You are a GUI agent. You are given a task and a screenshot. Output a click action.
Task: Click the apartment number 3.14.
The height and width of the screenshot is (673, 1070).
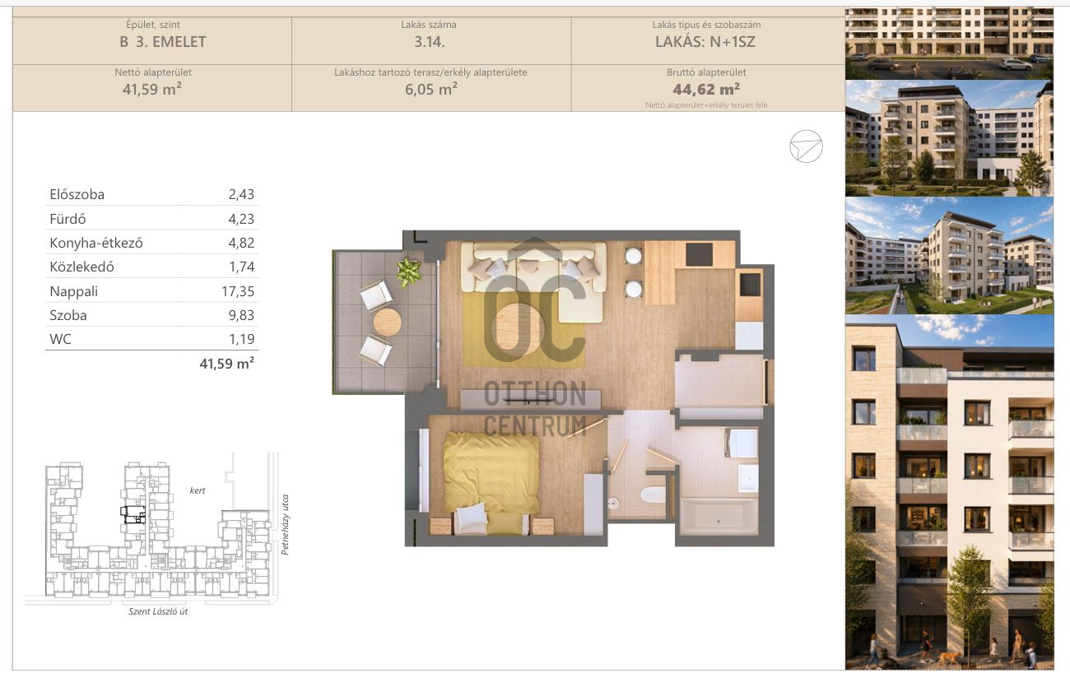click(429, 42)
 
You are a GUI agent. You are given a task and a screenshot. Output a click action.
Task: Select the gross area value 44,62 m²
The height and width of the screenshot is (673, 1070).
click(706, 89)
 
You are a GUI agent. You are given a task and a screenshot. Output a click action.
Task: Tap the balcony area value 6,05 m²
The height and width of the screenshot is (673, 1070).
click(430, 89)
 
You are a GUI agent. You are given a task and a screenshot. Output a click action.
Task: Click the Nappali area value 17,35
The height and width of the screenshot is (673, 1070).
click(238, 291)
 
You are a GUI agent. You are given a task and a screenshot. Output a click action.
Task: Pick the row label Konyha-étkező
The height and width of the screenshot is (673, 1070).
click(96, 244)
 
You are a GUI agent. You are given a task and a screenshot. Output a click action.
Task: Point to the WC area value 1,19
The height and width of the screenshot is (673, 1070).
click(242, 339)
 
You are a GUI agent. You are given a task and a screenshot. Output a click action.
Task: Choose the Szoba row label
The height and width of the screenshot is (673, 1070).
click(68, 315)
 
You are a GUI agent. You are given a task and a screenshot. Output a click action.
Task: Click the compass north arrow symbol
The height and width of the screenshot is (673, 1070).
click(806, 146)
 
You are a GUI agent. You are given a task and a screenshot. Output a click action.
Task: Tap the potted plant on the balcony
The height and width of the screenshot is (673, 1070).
click(408, 272)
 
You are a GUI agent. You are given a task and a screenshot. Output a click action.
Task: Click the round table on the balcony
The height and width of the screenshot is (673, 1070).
click(387, 322)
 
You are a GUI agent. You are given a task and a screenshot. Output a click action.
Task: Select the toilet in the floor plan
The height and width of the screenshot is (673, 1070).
click(653, 494)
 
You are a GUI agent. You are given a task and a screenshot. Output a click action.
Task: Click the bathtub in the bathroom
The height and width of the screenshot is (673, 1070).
click(719, 517)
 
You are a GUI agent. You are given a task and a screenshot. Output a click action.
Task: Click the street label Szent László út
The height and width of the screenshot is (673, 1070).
click(158, 611)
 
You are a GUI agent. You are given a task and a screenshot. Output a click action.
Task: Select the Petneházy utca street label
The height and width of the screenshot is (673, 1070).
click(285, 525)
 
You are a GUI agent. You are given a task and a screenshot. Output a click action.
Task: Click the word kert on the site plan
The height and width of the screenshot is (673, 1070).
click(198, 490)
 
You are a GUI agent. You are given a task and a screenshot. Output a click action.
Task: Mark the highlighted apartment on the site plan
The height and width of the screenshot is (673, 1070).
click(133, 514)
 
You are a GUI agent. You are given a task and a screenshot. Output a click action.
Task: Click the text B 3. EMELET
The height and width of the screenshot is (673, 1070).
click(162, 42)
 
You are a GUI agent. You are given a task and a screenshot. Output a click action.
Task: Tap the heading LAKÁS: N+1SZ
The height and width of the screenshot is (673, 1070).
click(705, 42)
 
